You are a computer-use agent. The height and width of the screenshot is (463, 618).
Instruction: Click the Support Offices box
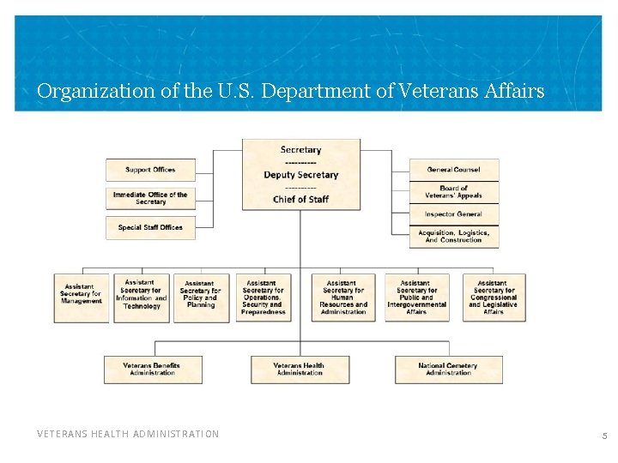tap(151, 170)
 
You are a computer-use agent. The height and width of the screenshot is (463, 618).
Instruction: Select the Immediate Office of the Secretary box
tap(151, 198)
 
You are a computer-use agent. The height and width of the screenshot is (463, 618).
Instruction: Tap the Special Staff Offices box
tap(151, 227)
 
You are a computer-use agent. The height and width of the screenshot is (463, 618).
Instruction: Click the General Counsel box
tap(453, 170)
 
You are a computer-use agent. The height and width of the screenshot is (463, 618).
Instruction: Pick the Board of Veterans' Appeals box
tap(453, 192)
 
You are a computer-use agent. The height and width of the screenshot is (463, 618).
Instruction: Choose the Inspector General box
tap(453, 214)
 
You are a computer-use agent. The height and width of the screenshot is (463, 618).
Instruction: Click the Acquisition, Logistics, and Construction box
tap(453, 236)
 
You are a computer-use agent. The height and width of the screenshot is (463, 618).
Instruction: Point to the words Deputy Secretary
tap(300, 175)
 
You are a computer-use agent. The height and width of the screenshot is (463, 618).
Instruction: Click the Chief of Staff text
tap(300, 200)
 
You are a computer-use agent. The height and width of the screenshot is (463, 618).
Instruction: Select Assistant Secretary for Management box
tap(82, 294)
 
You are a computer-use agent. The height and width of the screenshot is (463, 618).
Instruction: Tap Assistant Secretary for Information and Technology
tap(142, 294)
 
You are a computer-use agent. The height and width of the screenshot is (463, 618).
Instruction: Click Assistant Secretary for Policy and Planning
tap(201, 294)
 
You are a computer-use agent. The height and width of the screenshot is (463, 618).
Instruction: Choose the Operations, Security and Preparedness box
tap(263, 298)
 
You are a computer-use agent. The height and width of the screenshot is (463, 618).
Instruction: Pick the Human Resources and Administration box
tap(342, 298)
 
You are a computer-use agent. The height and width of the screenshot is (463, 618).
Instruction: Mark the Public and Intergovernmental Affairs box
tap(416, 298)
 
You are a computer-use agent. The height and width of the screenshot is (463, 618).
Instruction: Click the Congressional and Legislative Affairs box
tap(494, 298)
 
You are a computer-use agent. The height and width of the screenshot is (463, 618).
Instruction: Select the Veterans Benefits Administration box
tap(152, 369)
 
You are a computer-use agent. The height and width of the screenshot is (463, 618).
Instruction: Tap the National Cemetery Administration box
tap(448, 369)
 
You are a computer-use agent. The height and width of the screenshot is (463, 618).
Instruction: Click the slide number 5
tap(604, 436)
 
